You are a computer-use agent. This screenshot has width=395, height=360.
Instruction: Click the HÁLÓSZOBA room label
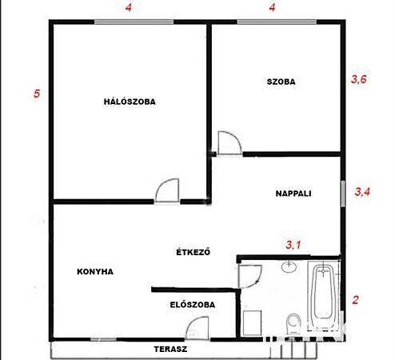tap(130, 102)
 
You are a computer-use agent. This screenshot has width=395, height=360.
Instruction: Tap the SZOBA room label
tap(281, 82)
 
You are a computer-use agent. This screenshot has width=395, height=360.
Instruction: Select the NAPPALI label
tap(293, 194)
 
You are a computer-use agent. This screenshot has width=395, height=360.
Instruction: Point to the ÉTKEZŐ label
tap(194, 252)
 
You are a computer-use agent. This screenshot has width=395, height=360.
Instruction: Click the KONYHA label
tap(95, 272)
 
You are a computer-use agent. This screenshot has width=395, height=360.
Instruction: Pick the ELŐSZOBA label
tap(193, 305)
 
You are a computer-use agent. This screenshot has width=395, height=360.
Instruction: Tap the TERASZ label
tap(170, 349)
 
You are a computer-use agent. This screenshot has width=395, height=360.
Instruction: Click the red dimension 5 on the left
tap(37, 94)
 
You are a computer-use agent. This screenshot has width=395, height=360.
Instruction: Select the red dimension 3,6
tap(359, 79)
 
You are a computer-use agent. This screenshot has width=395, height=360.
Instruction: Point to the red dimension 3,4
tap(362, 192)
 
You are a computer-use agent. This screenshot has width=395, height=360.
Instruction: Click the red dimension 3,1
tap(293, 245)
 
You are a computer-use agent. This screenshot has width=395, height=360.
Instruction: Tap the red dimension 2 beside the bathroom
tap(355, 300)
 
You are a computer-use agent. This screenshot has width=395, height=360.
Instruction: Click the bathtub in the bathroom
tap(323, 295)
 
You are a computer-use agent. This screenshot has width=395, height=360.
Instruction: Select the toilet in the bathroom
tap(293, 323)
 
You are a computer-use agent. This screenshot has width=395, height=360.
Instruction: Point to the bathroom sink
tap(289, 267)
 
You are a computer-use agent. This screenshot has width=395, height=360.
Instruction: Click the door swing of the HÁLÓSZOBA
tap(167, 190)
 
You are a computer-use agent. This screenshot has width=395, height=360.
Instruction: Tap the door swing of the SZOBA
tap(229, 142)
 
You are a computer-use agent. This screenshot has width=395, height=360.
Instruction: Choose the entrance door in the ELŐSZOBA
tap(197, 328)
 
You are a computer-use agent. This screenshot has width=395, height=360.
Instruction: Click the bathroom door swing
tap(250, 277)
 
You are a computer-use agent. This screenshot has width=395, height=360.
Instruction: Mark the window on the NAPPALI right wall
tap(343, 194)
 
